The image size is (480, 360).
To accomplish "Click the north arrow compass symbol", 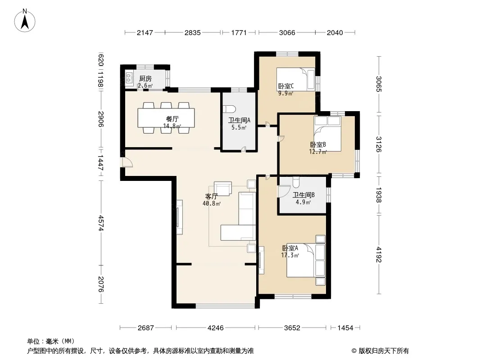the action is tap(25, 20).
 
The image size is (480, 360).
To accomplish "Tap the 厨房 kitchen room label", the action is tap(145, 79).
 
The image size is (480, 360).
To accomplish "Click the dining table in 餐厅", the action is tap(166, 118).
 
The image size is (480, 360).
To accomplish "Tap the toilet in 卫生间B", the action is tap(296, 182).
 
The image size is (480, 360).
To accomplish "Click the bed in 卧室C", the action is tap(295, 79).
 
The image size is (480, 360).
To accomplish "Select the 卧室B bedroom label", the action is tap(318, 144).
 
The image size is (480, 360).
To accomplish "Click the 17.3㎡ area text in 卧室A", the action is tap(290, 255).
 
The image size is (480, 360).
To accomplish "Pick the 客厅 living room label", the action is tap(211, 196).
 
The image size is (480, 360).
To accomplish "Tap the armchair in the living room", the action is tap(223, 189).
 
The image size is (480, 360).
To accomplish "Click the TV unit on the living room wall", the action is tap(179, 217).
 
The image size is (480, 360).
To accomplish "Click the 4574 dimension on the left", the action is tap(101, 223).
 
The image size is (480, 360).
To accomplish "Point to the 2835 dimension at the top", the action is tap(193, 32).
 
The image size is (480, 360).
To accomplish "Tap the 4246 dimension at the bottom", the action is tap(216, 328).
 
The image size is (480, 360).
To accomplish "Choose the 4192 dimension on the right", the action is tap(379, 255).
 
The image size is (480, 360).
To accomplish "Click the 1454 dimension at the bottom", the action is tap(345, 328).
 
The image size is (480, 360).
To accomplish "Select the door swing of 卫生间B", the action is tap(284, 191).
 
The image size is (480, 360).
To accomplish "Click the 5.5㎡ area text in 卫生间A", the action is tap(239, 127).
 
